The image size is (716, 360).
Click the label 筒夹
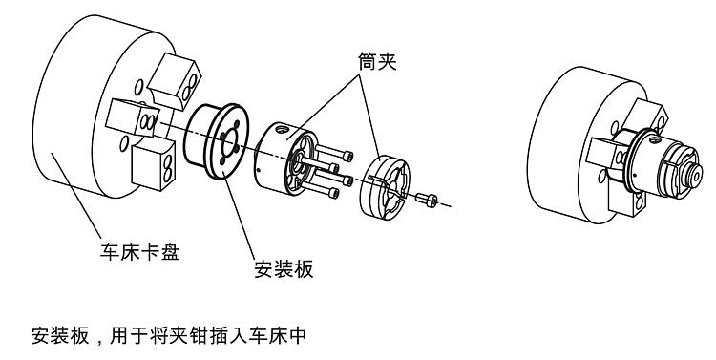(377, 62)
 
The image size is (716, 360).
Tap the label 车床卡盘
(139, 252)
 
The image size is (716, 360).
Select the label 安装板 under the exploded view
(284, 269)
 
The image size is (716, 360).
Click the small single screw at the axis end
(427, 200)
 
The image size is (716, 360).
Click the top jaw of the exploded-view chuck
(175, 81)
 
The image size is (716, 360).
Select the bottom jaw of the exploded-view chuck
(153, 165)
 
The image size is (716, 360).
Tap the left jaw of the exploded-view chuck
(133, 116)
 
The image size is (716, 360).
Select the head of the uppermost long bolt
(348, 157)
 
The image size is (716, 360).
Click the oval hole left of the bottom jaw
(124, 144)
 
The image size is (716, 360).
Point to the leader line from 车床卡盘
(76, 196)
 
